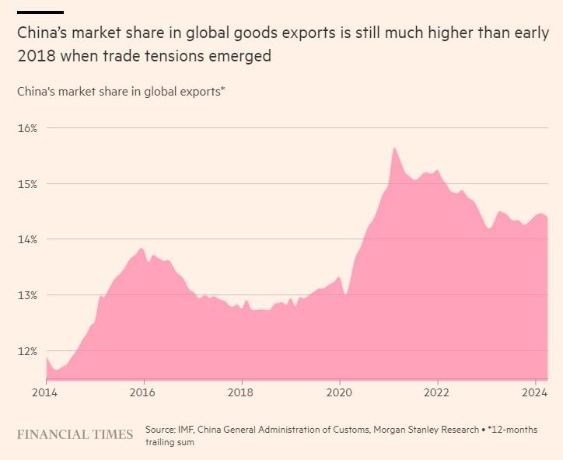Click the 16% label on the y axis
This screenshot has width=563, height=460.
[27, 127]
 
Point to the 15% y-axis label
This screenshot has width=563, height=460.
[27, 183]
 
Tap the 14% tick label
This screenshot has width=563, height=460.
[27, 239]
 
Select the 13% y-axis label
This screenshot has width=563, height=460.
[27, 295]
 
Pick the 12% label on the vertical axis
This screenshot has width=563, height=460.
[27, 351]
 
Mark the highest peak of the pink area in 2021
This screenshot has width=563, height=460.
[394, 148]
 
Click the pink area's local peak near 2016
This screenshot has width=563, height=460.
[142, 249]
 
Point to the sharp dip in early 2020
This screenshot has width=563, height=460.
[346, 294]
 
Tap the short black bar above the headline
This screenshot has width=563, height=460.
[40, 12]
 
